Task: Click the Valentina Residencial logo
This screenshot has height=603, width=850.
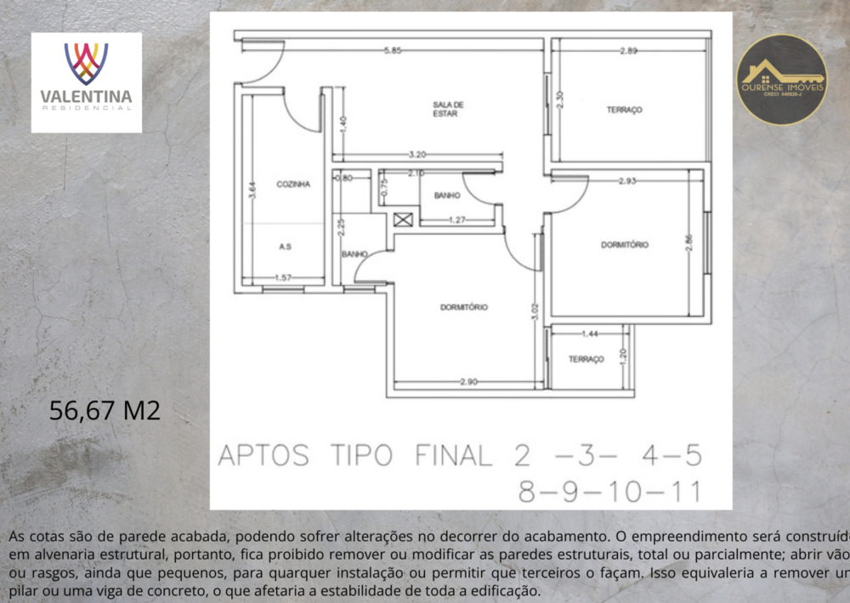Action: [87, 82]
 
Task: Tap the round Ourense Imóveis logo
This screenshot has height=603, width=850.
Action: [781, 79]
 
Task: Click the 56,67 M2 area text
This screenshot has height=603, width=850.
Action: [105, 411]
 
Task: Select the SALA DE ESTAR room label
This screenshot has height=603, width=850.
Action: [445, 108]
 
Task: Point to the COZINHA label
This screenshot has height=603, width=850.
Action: [293, 184]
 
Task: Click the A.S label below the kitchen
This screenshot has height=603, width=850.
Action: [286, 246]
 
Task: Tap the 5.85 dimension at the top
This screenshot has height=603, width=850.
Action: [392, 51]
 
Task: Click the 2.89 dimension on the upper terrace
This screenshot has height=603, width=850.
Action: [629, 52]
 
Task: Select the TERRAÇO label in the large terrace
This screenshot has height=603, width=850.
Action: [624, 110]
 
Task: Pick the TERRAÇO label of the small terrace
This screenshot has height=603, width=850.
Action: [586, 359]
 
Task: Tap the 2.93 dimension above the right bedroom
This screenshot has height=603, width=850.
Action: [628, 180]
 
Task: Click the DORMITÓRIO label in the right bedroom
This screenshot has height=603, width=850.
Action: [625, 244]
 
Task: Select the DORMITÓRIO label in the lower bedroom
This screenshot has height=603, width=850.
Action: [464, 307]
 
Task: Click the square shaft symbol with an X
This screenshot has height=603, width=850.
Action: [402, 220]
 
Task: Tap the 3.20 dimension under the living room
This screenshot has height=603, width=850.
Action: [417, 155]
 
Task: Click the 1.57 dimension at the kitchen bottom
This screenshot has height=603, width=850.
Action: [283, 278]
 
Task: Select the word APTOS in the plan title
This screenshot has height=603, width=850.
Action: [263, 456]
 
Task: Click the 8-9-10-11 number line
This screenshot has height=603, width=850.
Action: [609, 492]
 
